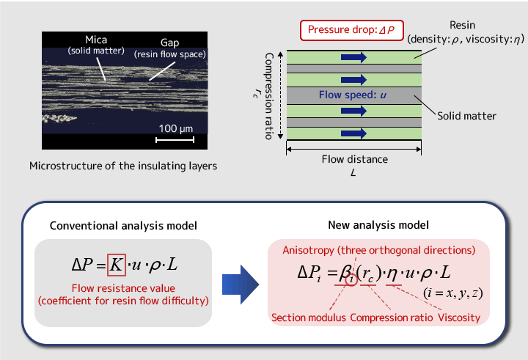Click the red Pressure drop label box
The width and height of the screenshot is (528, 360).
pos(351,30)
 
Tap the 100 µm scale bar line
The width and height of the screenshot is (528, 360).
pos(175,139)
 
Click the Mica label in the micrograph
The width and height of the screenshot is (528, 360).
pos(96,40)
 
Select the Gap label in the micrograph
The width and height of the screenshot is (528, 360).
pos(169,43)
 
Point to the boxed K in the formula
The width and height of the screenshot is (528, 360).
pos(116,265)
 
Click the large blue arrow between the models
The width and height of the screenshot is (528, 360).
pos(241,284)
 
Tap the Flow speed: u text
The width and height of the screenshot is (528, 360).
pos(353,95)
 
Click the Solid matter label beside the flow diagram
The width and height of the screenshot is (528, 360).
pos(466,116)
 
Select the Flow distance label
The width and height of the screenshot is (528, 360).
pos(355,159)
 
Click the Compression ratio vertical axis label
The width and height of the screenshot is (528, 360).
pos(268,96)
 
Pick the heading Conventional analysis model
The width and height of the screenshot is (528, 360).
pos(123,226)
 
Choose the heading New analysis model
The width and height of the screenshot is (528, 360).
pos(378,225)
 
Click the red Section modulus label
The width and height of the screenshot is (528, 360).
pos(309,317)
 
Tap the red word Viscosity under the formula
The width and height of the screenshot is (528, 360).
pos(459,317)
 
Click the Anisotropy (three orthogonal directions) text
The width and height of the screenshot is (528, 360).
pos(379,250)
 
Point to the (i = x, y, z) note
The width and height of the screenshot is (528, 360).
pos(453,293)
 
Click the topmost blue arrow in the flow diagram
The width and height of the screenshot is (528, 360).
pos(353,57)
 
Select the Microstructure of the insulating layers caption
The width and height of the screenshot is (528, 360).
pos(123,166)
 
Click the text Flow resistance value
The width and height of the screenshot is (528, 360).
pos(123,288)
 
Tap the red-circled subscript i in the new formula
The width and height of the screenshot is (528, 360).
pos(351,279)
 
